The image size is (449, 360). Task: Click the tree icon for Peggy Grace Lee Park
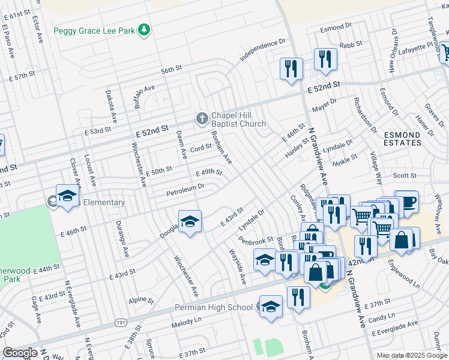click(x=143, y=29)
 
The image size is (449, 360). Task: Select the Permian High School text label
click(x=214, y=308)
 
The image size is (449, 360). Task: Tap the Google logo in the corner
click(x=20, y=353)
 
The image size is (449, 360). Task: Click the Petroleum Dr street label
click(x=185, y=190)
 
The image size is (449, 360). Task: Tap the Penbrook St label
click(x=256, y=241)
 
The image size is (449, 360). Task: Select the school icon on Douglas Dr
click(x=190, y=221)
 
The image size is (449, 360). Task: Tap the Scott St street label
click(x=405, y=176)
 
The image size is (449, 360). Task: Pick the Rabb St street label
click(x=351, y=44)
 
